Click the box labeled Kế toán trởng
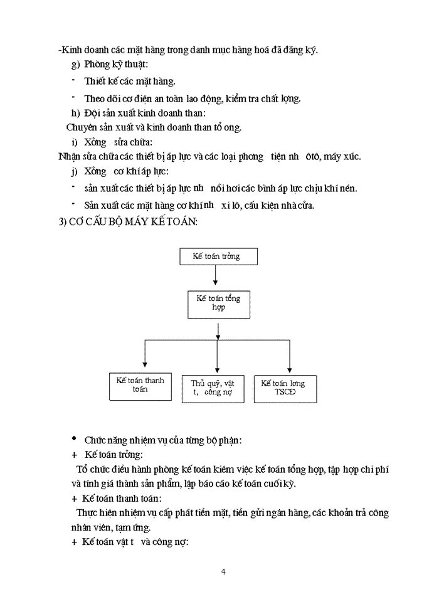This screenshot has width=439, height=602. (218, 256)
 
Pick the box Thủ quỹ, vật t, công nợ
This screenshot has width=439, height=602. (214, 388)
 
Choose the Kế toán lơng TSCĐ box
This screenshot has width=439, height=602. (285, 388)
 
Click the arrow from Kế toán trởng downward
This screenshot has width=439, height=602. (215, 275)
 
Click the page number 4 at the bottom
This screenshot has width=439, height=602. (223, 571)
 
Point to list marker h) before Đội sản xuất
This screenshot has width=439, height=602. (76, 113)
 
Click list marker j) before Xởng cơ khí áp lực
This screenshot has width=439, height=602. (75, 172)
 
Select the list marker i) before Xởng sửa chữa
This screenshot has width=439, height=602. (75, 142)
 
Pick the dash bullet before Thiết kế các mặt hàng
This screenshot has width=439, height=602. (73, 80)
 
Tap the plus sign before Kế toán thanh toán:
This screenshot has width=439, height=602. (74, 499)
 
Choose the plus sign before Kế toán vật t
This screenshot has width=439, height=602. (74, 542)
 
